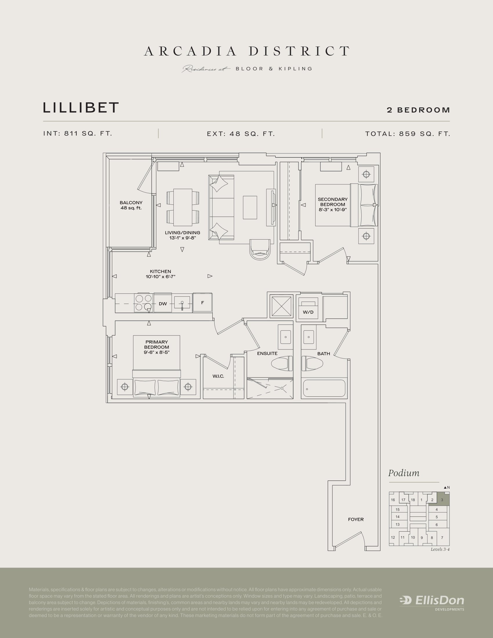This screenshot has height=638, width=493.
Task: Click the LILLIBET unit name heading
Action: point(81,108)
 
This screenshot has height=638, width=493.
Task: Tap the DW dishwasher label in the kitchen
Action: point(163,304)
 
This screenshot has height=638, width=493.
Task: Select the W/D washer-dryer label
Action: point(308,312)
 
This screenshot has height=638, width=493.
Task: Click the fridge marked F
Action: point(202,303)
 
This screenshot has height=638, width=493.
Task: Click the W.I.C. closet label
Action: point(218,376)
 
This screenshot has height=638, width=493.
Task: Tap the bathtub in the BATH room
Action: point(324,388)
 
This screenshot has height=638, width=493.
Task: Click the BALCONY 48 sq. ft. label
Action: point(131,205)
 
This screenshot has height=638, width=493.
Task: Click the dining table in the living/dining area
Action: point(183,207)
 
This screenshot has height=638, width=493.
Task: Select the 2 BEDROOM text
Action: point(418,110)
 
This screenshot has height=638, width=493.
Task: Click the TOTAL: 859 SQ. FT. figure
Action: point(407,134)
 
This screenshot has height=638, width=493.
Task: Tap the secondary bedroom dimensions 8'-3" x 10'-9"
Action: point(333,209)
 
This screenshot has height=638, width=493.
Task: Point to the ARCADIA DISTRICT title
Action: point(247,51)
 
